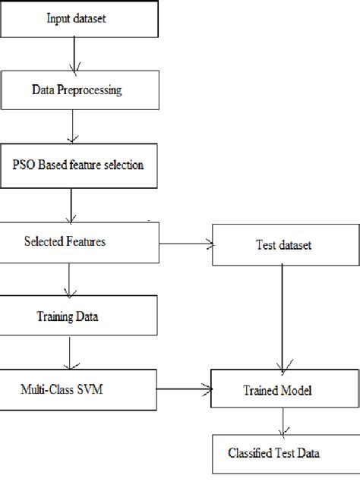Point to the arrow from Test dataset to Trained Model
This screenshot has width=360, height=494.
tap(283, 319)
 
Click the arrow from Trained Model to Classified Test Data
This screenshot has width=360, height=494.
tap(283, 423)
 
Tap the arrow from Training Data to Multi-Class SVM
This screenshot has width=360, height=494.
tap(70, 353)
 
